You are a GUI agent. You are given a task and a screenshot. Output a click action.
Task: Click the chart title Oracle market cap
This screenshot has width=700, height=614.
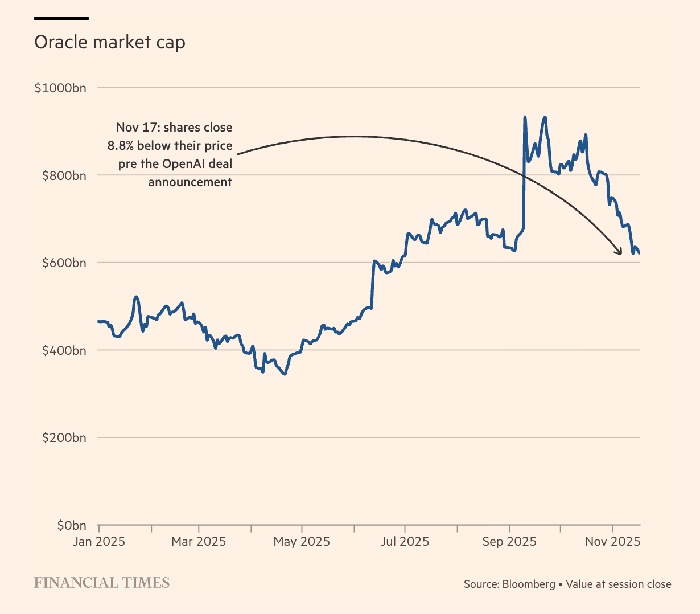point(109,43)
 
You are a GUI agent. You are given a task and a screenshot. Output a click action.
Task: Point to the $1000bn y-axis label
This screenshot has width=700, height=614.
point(60,88)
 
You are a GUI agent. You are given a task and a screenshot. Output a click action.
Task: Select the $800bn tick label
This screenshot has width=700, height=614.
point(64,175)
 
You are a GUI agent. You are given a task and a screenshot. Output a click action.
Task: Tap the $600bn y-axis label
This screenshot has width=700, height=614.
point(64,263)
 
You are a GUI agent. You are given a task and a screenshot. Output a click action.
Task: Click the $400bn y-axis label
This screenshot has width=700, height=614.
point(64,350)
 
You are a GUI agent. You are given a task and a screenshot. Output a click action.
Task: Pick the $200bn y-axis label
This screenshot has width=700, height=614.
point(64,438)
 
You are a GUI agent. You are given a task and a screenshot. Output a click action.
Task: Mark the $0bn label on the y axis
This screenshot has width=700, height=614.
point(71,525)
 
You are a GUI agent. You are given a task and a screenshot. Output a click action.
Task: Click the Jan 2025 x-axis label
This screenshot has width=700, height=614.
point(98,541)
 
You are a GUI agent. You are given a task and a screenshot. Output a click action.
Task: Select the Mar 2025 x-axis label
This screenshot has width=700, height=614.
point(199,541)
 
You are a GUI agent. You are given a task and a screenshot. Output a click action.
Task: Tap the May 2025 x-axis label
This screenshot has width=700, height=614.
point(302,541)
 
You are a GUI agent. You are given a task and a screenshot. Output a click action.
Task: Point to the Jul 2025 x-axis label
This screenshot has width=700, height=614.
point(405,541)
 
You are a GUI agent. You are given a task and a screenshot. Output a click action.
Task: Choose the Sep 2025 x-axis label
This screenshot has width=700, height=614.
point(509,541)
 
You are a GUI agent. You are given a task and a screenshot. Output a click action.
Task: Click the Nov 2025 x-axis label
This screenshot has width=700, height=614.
point(612,541)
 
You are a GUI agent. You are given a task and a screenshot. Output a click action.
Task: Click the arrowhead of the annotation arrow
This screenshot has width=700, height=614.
point(619,252)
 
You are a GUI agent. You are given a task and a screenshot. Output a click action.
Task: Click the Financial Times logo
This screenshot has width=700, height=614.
point(102,583)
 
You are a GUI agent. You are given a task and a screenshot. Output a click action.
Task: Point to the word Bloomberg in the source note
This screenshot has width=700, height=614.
point(529,584)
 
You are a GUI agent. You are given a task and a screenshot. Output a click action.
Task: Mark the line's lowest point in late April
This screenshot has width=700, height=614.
point(285,374)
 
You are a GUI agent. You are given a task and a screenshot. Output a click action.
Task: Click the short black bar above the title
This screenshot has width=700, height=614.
point(61,18)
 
